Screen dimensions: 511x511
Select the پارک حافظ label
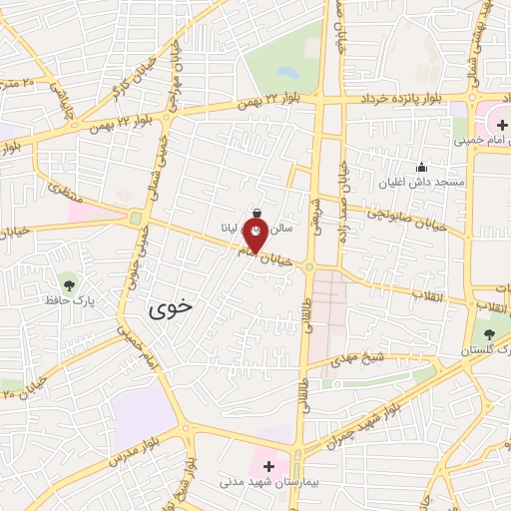tap(67, 298)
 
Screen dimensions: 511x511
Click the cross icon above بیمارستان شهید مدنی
tap(267, 464)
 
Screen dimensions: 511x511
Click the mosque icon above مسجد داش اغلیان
tap(421, 167)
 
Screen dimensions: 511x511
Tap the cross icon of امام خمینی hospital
tap(495, 124)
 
